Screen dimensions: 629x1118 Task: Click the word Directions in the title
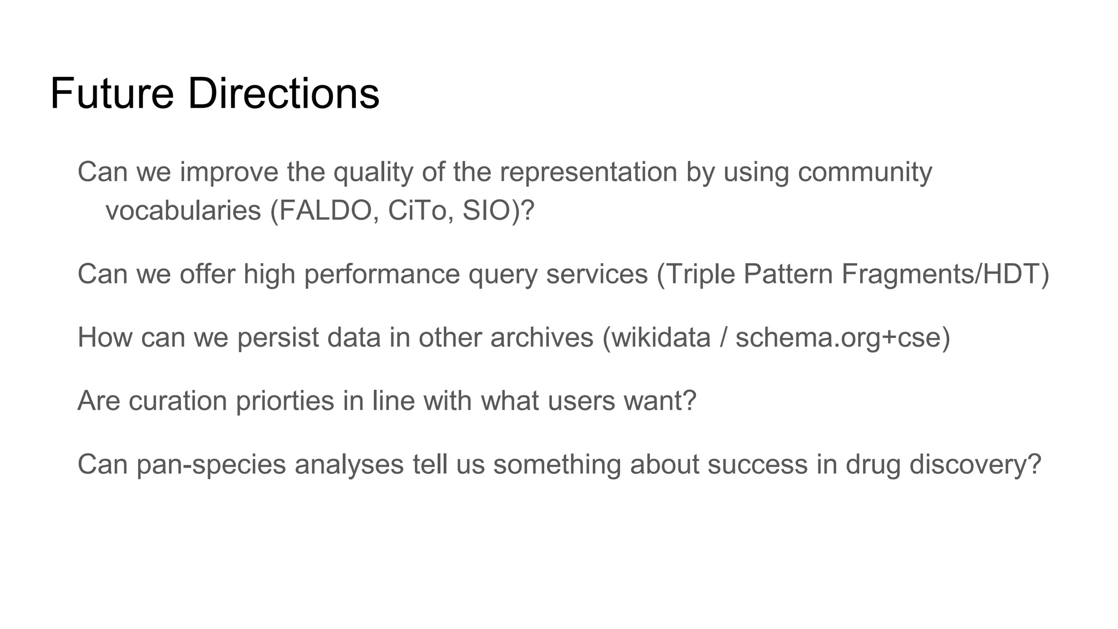click(283, 94)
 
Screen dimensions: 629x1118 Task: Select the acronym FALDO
click(325, 211)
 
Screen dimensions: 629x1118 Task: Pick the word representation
click(588, 173)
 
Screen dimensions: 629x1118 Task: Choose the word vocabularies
click(183, 211)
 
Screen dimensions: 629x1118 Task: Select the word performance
click(382, 275)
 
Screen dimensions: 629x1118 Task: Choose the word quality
click(373, 173)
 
